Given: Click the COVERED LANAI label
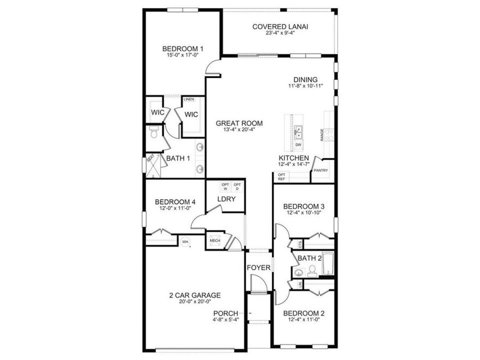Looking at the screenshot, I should tap(281, 26).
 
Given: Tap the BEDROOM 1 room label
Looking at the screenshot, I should tap(183, 49).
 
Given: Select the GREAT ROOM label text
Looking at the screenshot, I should tap(239, 123).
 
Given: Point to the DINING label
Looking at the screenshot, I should tap(305, 80).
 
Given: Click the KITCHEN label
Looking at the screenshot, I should tap(293, 158).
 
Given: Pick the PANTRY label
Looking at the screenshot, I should tap(321, 171).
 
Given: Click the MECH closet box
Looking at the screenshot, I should tap(215, 241).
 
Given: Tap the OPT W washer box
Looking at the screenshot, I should tap(225, 187).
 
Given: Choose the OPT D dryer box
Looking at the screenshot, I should tap(237, 187).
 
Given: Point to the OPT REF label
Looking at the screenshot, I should tap(281, 177).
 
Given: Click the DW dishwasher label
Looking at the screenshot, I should tap(298, 145).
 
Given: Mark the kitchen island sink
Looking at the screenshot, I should tap(298, 130).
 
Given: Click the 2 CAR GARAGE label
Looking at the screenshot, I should tap(195, 295).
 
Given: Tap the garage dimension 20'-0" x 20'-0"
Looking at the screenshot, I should tap(195, 302).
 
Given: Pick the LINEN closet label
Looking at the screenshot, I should tap(188, 99).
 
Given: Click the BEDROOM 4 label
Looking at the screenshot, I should tap(175, 202).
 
